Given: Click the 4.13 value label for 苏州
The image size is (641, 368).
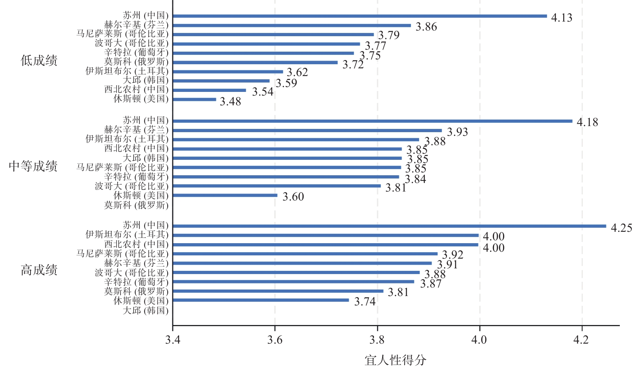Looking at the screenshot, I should click(x=561, y=18).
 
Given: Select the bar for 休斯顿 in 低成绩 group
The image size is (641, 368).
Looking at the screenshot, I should click(x=194, y=99).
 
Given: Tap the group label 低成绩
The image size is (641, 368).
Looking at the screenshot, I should click(x=39, y=61).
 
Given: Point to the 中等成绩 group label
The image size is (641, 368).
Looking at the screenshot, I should click(x=33, y=166).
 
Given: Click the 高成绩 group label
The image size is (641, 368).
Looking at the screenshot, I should click(x=39, y=270).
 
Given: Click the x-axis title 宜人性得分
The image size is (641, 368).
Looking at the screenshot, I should click(x=395, y=360).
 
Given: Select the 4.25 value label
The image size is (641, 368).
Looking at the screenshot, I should click(x=621, y=228).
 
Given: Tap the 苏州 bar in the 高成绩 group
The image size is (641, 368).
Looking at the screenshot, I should click(x=389, y=226).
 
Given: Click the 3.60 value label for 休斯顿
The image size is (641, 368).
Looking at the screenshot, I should click(x=293, y=197).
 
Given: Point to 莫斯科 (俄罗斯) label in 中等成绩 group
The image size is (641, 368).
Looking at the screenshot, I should click(x=136, y=205).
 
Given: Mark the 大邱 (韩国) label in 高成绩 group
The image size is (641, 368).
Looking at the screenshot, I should click(x=145, y=310).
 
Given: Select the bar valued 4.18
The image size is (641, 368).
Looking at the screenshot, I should click(x=372, y=121).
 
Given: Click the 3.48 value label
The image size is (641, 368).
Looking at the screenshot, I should click(x=230, y=102).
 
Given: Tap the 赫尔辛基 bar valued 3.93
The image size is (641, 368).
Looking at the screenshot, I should click(x=307, y=131).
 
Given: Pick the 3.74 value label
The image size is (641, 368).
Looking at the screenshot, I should click(x=365, y=302).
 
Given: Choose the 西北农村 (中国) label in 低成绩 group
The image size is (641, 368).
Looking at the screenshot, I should click(x=136, y=89).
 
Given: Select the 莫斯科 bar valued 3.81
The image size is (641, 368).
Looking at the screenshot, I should click(x=278, y=291).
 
